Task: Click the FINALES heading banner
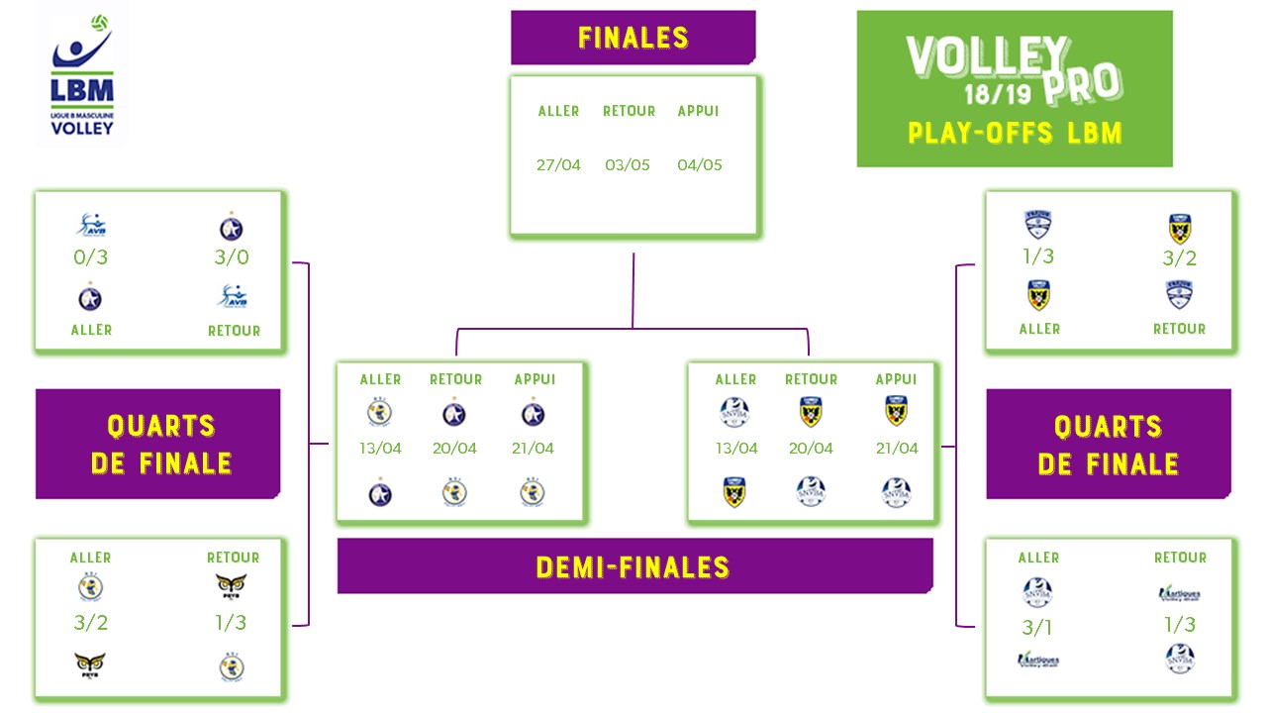pos(633,38)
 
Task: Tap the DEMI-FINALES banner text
pos(633,567)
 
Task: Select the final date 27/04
pos(558,165)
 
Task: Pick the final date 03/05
pos(628,165)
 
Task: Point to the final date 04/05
pos(699,165)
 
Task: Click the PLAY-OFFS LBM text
pos(1015,133)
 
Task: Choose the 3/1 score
pos(1037,627)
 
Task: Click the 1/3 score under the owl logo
pos(231,623)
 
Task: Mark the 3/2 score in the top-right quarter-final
pos(1179,259)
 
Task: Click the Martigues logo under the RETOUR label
pos(1179,593)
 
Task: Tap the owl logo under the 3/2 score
pos(91,664)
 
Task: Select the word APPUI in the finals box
pos(698,111)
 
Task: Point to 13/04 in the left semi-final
pos(380,449)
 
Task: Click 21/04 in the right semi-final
pos(897,449)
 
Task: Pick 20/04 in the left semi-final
pos(454,449)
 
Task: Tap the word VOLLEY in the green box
pos(987,60)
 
